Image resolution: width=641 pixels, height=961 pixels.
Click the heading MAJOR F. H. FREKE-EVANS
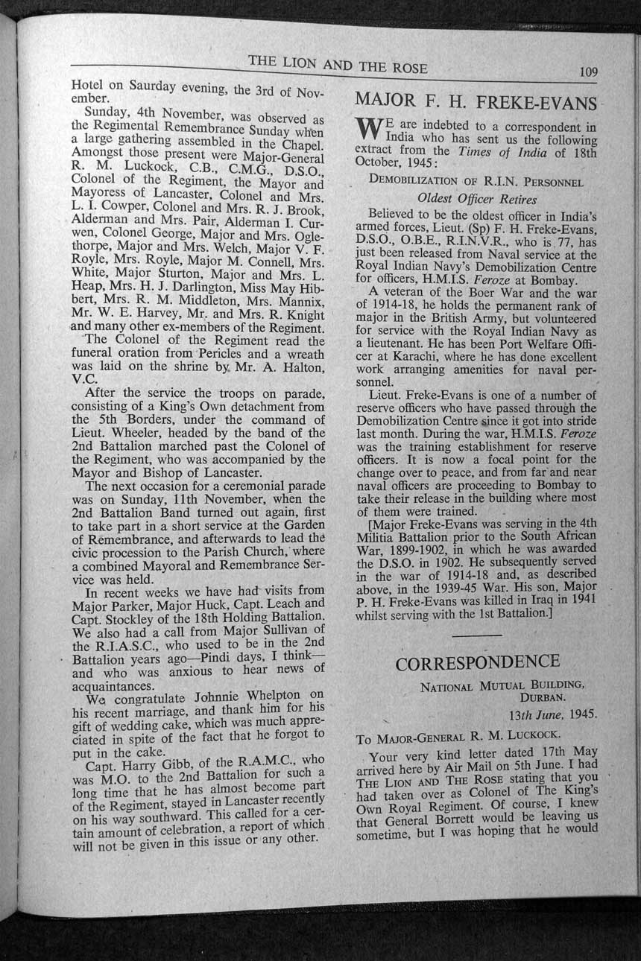476,101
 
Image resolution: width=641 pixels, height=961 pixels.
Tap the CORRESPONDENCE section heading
478,662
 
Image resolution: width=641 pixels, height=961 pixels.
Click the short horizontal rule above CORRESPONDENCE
477,634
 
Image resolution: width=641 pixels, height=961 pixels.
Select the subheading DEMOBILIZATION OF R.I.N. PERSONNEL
476,181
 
